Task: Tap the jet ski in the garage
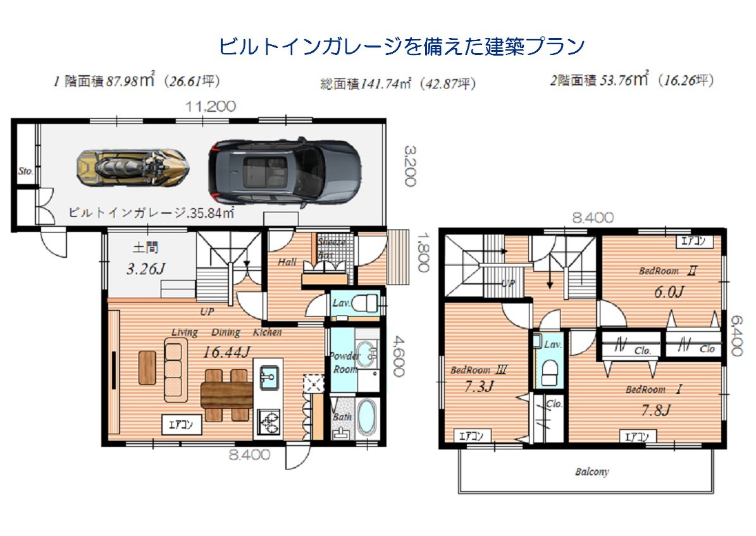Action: coord(132,168)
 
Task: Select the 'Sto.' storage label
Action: coord(25,171)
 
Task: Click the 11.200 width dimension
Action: coord(211,107)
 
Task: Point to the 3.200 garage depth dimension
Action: coord(410,166)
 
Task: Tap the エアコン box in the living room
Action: coord(181,425)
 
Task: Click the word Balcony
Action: coord(592,472)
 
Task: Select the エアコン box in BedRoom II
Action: coord(695,241)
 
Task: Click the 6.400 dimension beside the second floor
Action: coord(735,336)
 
